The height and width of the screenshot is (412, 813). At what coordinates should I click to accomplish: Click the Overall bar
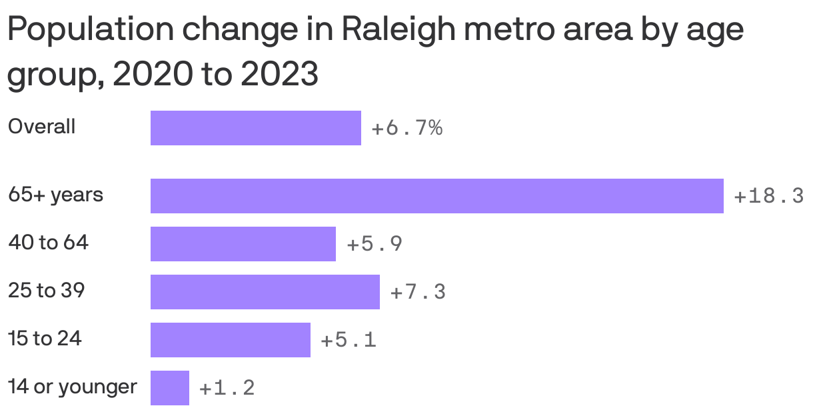(255, 128)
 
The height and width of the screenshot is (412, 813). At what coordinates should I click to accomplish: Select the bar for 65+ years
(436, 196)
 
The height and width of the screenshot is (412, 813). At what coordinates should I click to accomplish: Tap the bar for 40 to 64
(243, 244)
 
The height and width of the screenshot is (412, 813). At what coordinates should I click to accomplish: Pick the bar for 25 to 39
(265, 292)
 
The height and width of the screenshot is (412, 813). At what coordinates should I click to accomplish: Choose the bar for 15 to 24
(230, 340)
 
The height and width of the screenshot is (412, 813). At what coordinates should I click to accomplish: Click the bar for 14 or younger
(169, 388)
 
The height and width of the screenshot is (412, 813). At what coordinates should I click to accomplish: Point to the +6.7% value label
(406, 128)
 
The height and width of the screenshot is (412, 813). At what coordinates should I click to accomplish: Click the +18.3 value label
(768, 196)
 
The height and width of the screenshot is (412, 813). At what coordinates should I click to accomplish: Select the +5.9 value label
(375, 244)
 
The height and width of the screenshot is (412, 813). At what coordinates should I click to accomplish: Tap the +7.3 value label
(418, 292)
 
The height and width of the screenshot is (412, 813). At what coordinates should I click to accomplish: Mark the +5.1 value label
(349, 340)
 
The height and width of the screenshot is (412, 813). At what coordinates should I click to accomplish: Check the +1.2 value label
(227, 388)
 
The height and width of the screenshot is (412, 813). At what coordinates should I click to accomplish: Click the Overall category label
(41, 127)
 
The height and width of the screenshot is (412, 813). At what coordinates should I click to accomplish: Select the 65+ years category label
(55, 195)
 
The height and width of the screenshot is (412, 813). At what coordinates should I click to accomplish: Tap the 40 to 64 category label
(48, 243)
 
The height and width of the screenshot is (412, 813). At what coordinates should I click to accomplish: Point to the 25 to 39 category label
(46, 291)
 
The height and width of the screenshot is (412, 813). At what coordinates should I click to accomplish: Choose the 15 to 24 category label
(45, 339)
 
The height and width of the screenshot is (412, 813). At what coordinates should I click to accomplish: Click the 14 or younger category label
(72, 387)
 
